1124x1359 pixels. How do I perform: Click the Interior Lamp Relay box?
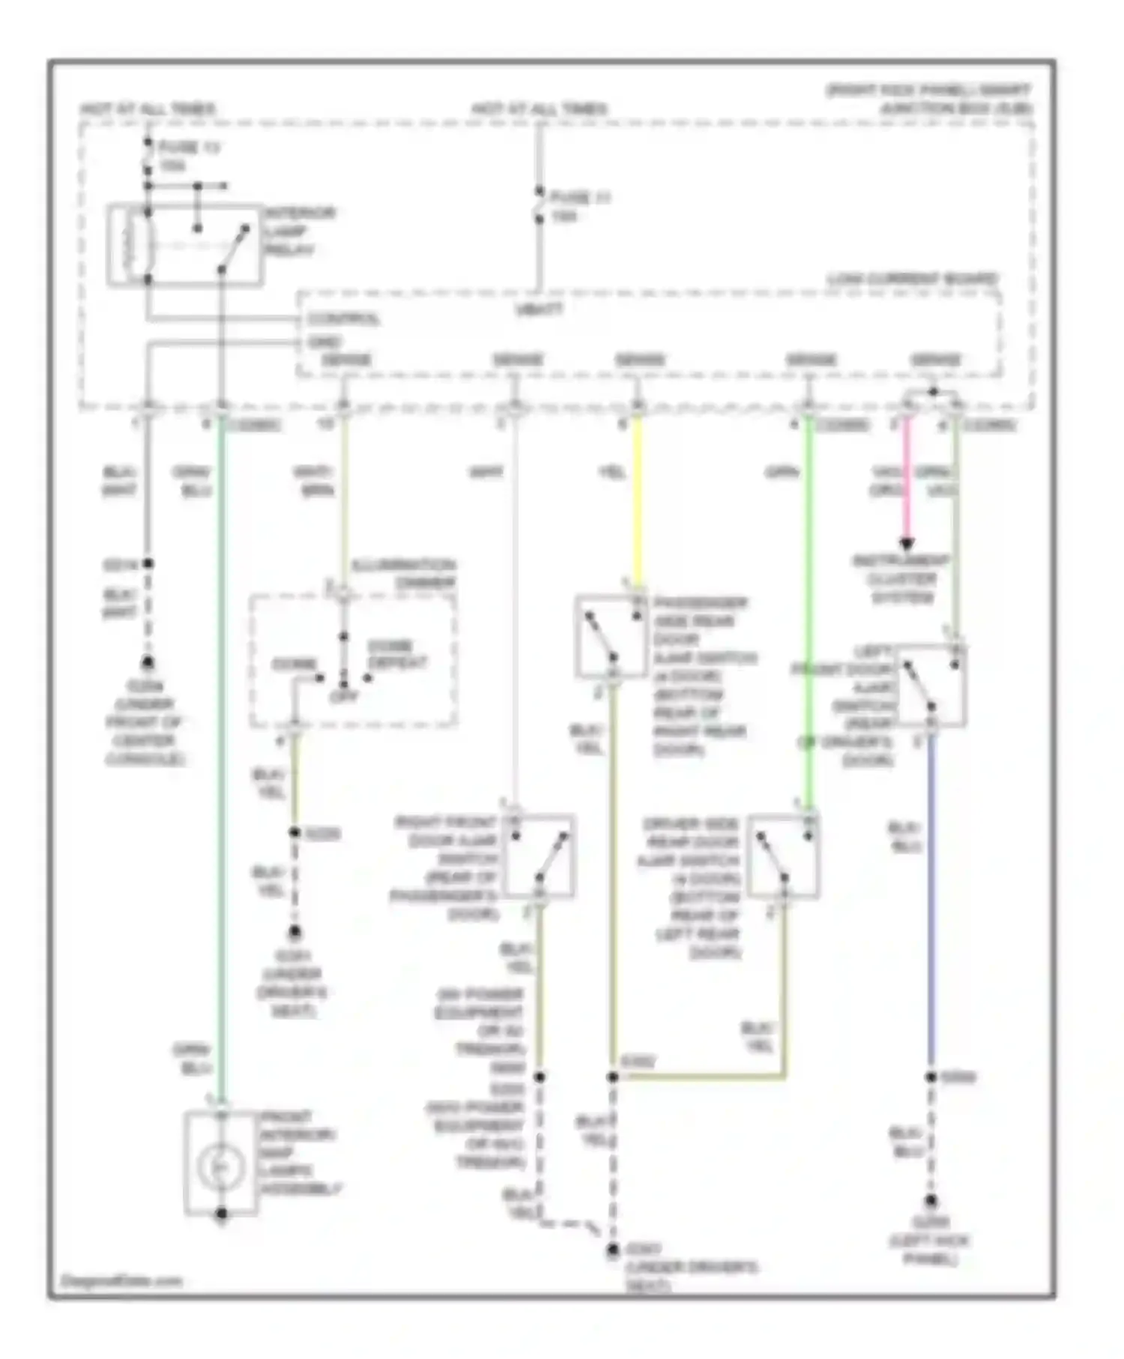pos(185,245)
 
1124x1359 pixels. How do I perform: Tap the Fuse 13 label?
pos(189,156)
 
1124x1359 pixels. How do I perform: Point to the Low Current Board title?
pos(912,279)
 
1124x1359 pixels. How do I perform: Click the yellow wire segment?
pos(638,502)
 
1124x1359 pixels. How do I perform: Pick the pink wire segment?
pos(907,479)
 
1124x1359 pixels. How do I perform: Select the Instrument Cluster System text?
pos(901,579)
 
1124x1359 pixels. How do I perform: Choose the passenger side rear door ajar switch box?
pos(611,637)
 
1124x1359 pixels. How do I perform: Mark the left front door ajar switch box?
pos(931,685)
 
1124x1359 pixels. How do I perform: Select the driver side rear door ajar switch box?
pos(783,856)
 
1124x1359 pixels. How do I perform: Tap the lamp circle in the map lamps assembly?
pos(220,1166)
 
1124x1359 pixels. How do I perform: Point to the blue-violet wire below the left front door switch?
pos(931,899)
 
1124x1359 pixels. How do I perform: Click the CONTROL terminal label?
pos(343,319)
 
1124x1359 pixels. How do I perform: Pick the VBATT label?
pos(539,308)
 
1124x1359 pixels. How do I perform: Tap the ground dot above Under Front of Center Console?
pos(148,663)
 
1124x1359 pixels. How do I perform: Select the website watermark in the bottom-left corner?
pos(121,1281)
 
